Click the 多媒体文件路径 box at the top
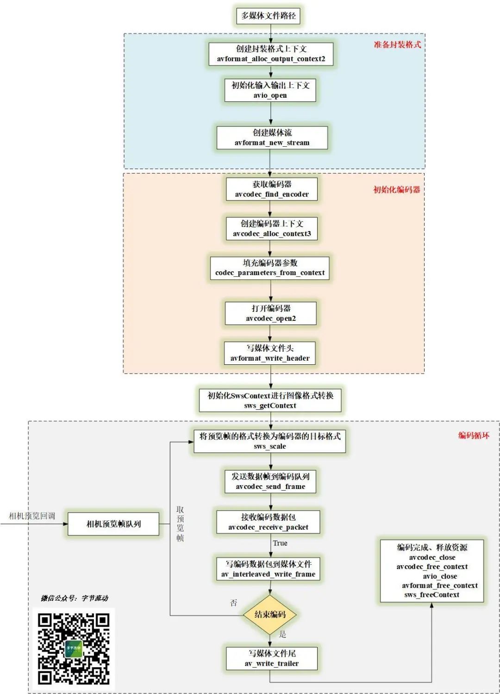268,16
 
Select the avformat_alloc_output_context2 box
271,54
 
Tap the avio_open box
270,90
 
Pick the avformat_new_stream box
272,138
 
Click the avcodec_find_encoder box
272,189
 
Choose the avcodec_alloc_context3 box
272,228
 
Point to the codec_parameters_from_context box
270,268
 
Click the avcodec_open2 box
271,313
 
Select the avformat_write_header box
270,353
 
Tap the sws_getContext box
270,400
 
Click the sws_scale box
270,441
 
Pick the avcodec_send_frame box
270,481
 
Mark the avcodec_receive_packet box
268,522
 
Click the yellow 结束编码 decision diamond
270,614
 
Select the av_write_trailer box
272,658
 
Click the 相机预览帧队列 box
113,524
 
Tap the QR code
74,649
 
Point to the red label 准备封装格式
397,44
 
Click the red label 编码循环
473,435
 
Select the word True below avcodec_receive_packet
280,543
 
